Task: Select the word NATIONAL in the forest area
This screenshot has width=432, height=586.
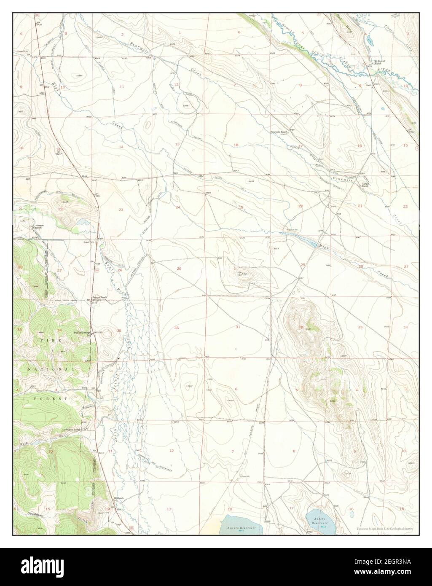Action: pyautogui.click(x=51, y=369)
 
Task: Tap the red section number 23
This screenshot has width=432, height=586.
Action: pyautogui.click(x=121, y=210)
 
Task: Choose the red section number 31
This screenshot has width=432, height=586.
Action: pyautogui.click(x=238, y=327)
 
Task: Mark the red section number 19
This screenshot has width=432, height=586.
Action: pyautogui.click(x=241, y=207)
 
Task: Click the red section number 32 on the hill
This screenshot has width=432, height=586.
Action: pyautogui.click(x=301, y=327)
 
